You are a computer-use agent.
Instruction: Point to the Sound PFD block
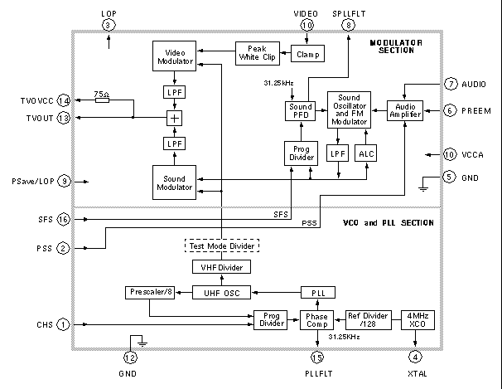[299, 111]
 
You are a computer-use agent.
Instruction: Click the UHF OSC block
[222, 292]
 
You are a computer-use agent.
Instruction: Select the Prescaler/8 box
[148, 292]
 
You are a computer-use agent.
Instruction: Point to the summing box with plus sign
[174, 119]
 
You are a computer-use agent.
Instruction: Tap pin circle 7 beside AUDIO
[450, 84]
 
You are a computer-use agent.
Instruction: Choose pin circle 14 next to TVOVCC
[64, 100]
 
